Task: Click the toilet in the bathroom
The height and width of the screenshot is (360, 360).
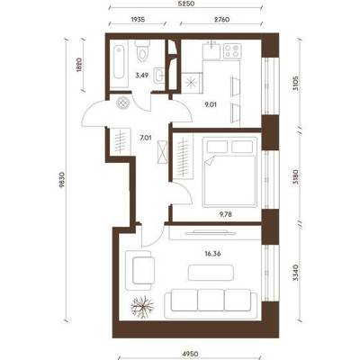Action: [x=142, y=50]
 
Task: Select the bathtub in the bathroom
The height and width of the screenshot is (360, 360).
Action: [x=119, y=62]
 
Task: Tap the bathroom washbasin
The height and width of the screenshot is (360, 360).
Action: [x=158, y=75]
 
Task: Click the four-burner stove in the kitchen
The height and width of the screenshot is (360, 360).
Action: [x=232, y=51]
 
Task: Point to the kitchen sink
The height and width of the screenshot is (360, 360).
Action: [x=211, y=50]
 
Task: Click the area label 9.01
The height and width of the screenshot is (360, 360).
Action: [x=210, y=104]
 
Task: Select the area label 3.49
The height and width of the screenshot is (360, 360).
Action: [x=141, y=76]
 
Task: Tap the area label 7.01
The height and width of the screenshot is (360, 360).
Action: [x=145, y=138]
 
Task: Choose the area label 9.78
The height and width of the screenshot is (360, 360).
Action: [x=226, y=214]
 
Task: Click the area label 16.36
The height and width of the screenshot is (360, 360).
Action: [x=212, y=254]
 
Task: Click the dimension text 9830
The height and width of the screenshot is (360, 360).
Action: [x=62, y=180]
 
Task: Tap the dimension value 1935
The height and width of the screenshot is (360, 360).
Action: [x=138, y=20]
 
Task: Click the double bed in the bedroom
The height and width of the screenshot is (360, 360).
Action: [x=229, y=172]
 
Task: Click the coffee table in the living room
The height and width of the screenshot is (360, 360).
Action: [x=211, y=272]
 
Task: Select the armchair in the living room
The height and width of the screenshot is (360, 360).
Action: [x=140, y=270]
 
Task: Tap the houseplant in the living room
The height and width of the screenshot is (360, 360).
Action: [x=142, y=307]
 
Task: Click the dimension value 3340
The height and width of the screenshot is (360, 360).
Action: [x=296, y=272]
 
